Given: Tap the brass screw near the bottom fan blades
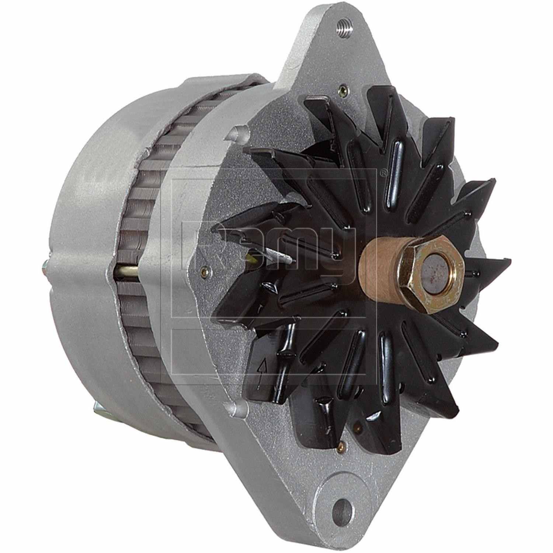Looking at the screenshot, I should coord(342,447).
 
